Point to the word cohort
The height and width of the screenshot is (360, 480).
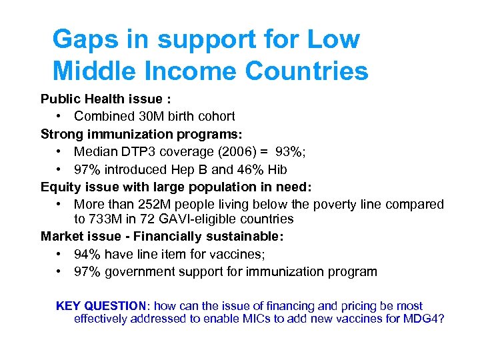[x=215, y=117]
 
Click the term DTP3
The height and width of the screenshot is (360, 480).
[x=135, y=152]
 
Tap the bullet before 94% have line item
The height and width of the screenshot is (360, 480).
[x=59, y=254]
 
